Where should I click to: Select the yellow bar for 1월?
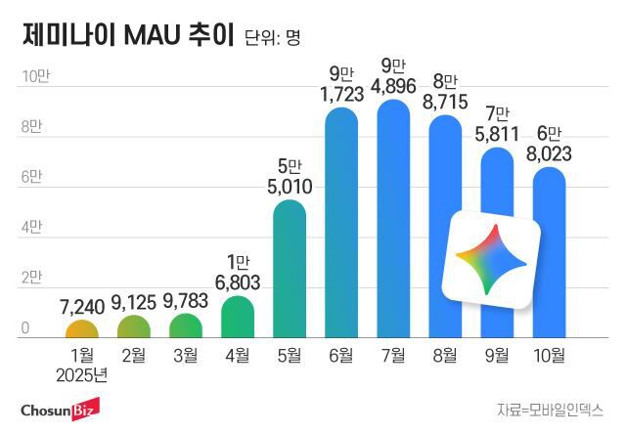83,329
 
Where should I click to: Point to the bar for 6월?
341,225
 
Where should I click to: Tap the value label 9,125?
135,302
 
